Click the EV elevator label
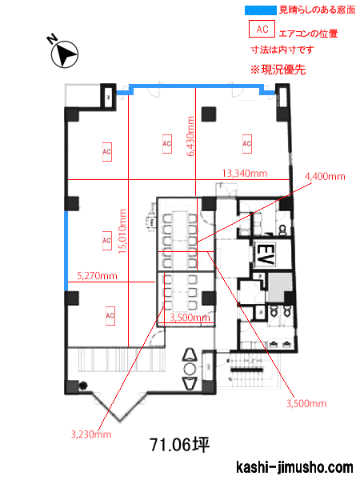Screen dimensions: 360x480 264,254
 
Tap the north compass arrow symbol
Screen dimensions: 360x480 64,54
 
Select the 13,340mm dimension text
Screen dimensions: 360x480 244,174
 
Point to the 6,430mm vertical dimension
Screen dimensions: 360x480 190,136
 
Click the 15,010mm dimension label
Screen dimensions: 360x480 122,231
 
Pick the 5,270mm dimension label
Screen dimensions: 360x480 97,276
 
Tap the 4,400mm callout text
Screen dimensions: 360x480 325,176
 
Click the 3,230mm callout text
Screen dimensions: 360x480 91,434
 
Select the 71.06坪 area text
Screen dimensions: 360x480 180,445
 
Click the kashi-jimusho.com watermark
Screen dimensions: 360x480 294,467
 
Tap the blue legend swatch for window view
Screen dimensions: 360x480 261,10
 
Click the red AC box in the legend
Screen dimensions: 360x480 262,29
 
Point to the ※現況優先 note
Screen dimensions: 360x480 278,70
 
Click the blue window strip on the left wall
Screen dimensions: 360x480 66,250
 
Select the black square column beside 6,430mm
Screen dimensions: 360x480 209,114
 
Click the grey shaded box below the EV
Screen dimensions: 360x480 278,287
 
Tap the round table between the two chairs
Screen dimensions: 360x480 190,369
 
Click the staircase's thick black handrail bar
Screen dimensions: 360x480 246,370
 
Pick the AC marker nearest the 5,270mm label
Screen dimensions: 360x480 107,241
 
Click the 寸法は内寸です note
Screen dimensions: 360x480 282,50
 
